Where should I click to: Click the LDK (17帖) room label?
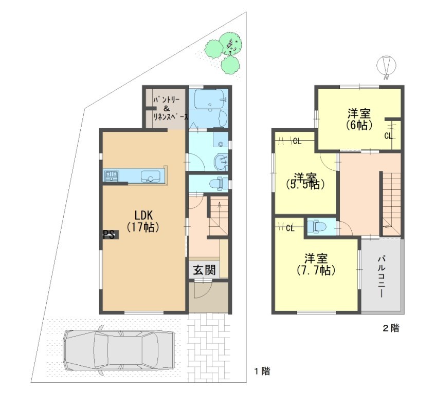143,221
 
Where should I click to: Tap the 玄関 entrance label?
205,269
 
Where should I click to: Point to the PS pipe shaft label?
109,235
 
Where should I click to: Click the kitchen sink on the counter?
150,176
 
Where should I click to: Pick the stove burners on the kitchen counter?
112,176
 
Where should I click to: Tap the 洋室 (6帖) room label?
359,120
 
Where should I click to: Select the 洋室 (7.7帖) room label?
316,264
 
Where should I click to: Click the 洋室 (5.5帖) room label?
305,181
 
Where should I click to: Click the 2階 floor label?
391,328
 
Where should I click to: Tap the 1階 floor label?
262,371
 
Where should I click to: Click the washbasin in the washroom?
221,161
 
